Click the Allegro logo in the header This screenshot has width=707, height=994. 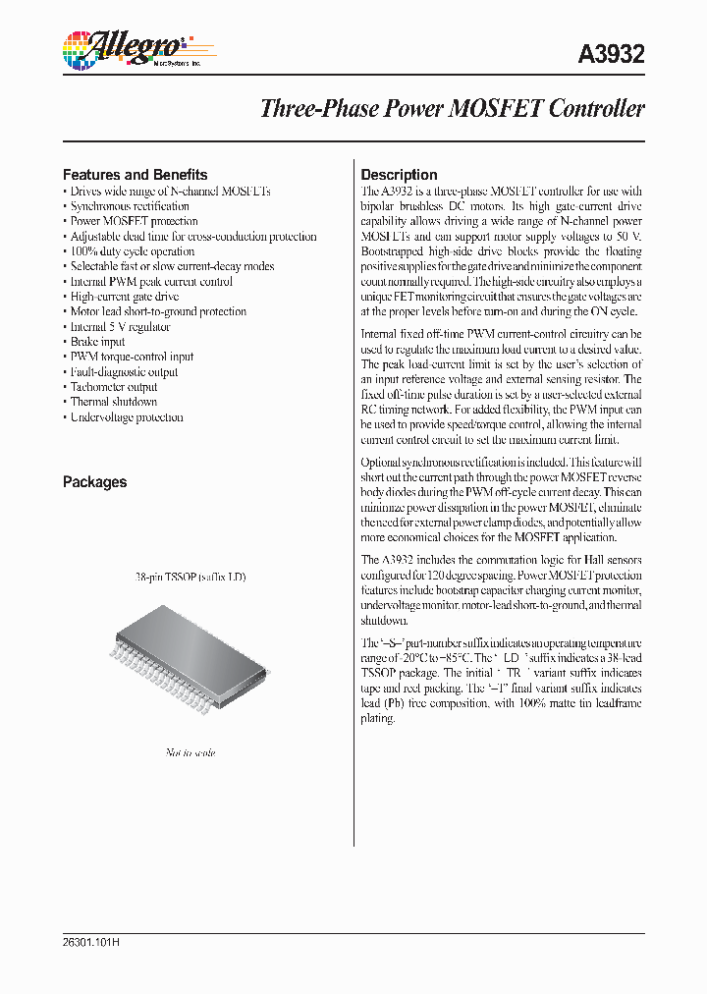click(125, 49)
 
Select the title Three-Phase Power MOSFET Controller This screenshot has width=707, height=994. click(452, 109)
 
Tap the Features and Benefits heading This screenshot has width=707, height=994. click(135, 175)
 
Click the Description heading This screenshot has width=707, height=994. click(399, 175)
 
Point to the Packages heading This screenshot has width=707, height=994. click(94, 482)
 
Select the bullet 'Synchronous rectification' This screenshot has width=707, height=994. click(129, 206)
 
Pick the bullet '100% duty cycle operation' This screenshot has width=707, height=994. click(132, 251)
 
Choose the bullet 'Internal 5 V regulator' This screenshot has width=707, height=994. click(120, 327)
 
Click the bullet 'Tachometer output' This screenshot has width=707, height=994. click(113, 387)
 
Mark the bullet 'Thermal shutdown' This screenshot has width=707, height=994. click(113, 402)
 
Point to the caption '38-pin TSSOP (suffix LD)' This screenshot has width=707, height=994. click(190, 577)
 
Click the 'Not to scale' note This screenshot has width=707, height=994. click(190, 752)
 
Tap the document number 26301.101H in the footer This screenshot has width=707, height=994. click(90, 942)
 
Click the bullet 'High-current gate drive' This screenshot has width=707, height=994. click(124, 297)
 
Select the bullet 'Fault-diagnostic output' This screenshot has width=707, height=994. click(124, 372)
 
